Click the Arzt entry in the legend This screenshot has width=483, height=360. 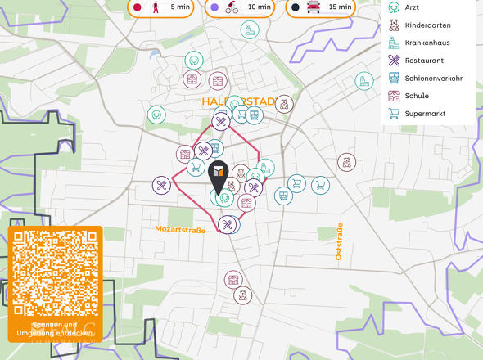413,7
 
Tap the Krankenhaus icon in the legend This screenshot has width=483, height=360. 395,43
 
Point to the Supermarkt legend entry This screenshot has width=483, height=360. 424,113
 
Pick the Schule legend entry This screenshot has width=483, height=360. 416,96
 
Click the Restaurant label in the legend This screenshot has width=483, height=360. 424,61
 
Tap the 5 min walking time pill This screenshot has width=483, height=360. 161,7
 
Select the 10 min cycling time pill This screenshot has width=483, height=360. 240,7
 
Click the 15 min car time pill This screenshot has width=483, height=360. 320,7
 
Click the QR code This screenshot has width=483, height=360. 54,275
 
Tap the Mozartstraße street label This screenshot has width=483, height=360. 179,230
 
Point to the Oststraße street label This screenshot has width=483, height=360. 339,241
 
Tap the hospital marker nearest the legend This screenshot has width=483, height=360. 364,81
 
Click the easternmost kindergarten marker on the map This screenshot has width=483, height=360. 346,162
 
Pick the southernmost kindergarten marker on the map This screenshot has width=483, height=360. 242,296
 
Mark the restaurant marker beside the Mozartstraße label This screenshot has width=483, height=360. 228,223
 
